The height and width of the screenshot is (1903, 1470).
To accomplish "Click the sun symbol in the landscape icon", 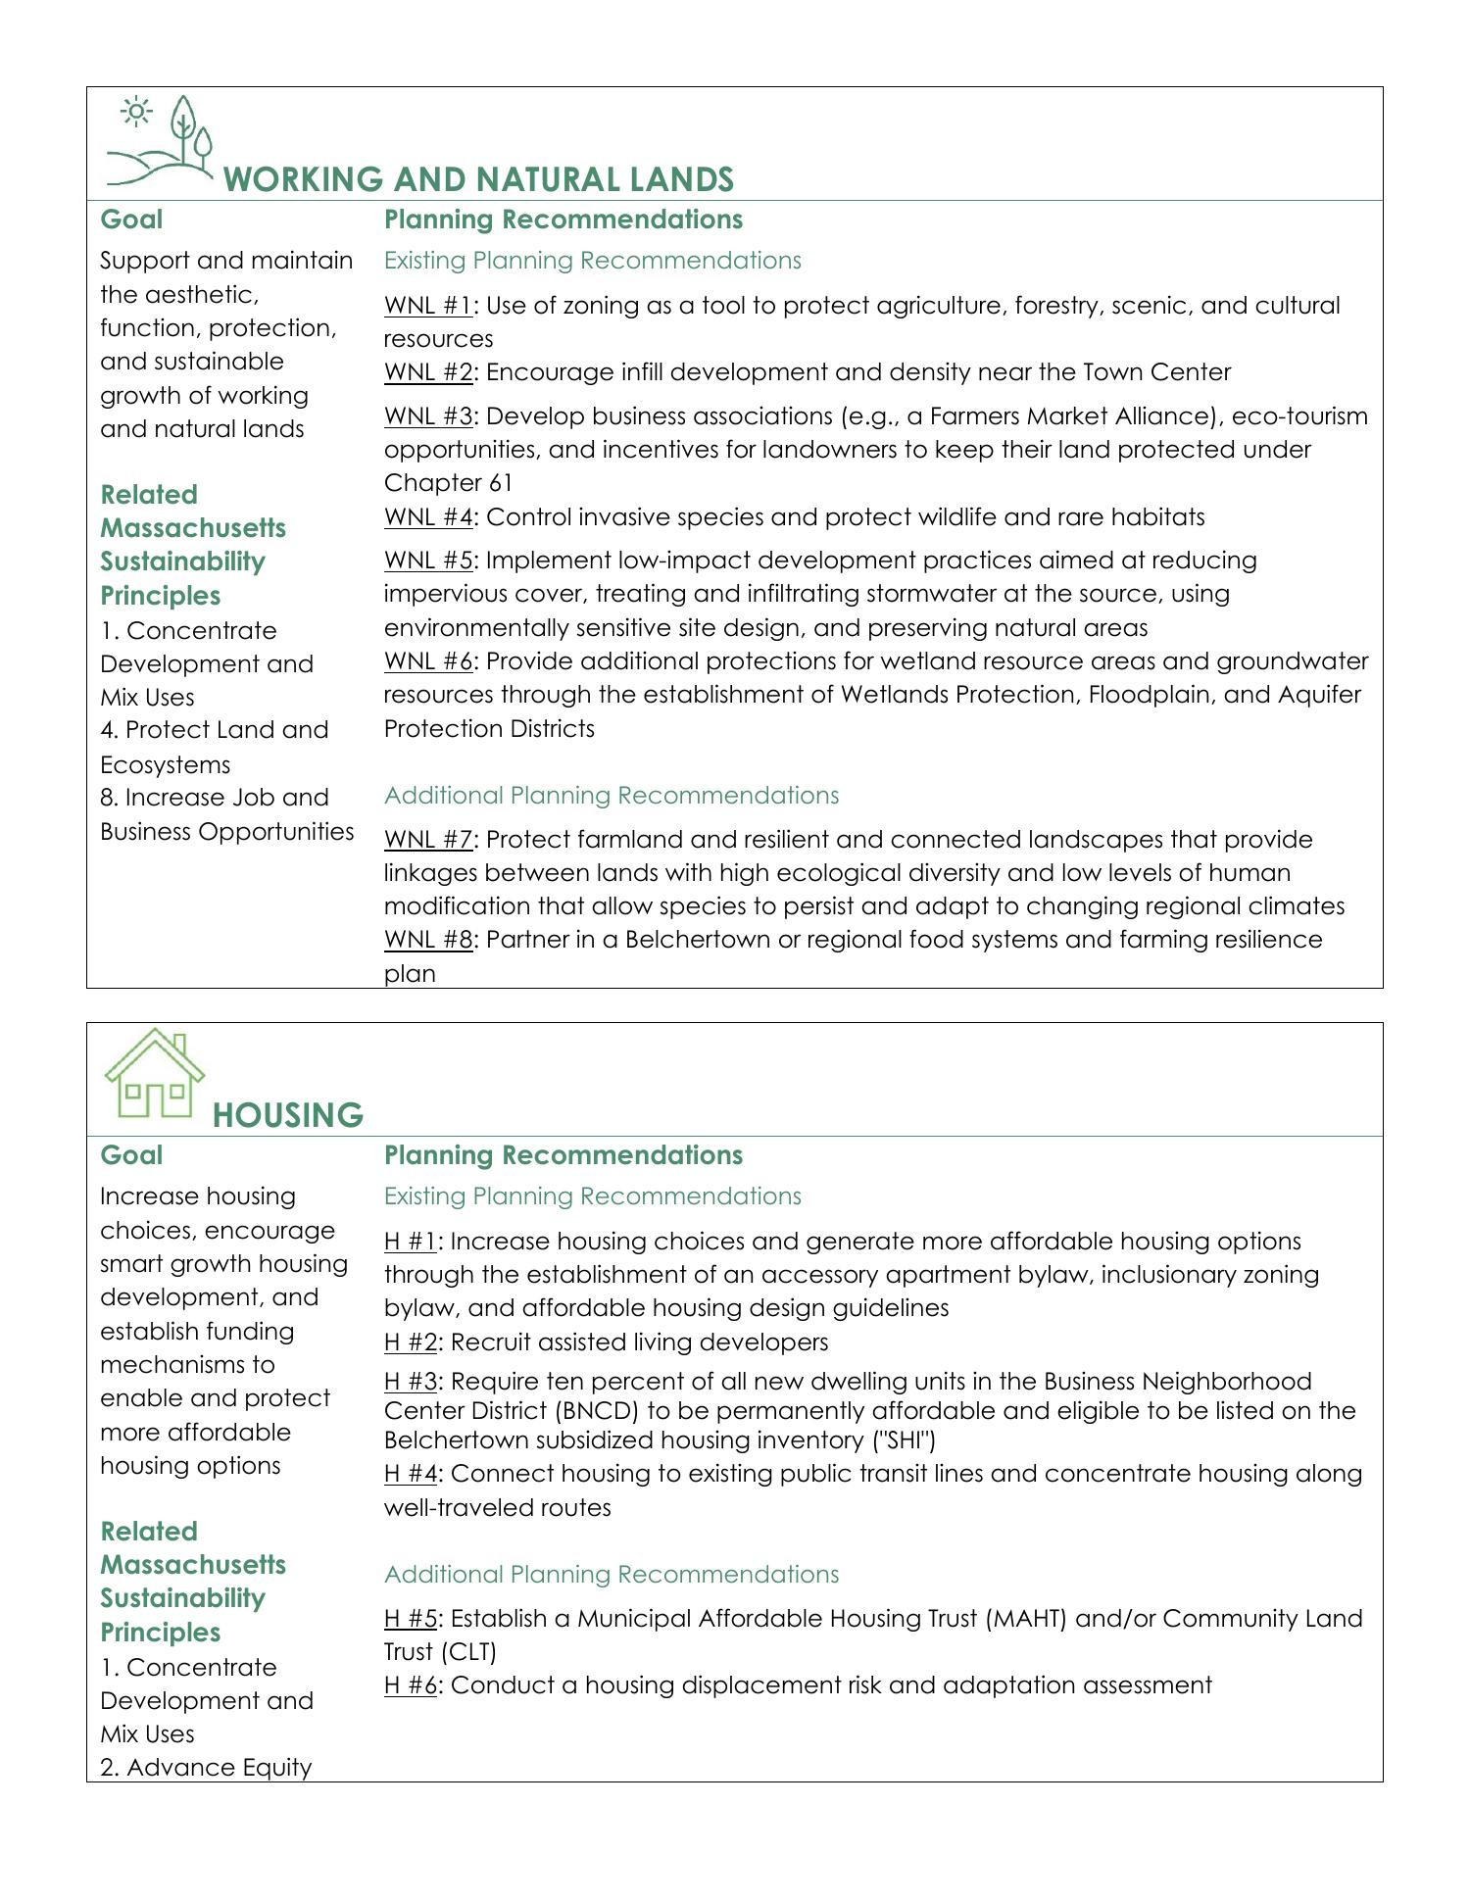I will tap(135, 113).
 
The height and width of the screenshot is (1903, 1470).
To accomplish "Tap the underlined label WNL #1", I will tap(428, 306).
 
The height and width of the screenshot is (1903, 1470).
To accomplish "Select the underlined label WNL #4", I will tap(428, 517).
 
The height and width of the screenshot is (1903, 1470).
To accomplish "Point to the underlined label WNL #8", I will tap(428, 940).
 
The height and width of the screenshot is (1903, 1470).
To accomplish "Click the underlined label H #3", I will tap(411, 1382).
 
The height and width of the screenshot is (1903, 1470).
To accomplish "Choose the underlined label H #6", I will tap(411, 1685).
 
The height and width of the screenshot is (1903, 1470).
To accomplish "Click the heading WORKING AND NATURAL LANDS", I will tap(478, 179).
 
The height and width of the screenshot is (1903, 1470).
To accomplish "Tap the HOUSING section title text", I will tap(287, 1115).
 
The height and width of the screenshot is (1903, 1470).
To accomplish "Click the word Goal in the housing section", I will tap(131, 1155).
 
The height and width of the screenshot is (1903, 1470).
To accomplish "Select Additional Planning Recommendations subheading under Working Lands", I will tap(612, 795).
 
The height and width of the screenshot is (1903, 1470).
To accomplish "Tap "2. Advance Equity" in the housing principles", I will tap(206, 1768).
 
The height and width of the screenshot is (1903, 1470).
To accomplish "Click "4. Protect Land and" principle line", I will tap(214, 730).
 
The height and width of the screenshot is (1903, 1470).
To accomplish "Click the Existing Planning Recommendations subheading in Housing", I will tap(592, 1196).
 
